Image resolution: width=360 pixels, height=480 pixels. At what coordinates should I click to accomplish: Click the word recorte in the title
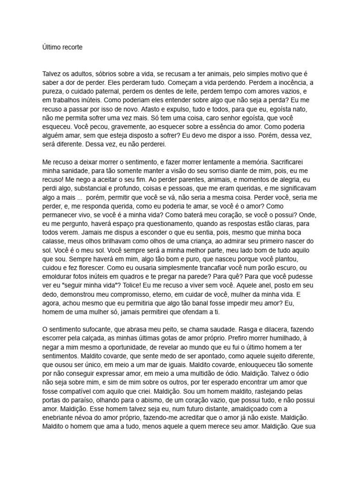(x=71, y=47)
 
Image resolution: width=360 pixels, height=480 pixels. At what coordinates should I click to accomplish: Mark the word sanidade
(x=75, y=170)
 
